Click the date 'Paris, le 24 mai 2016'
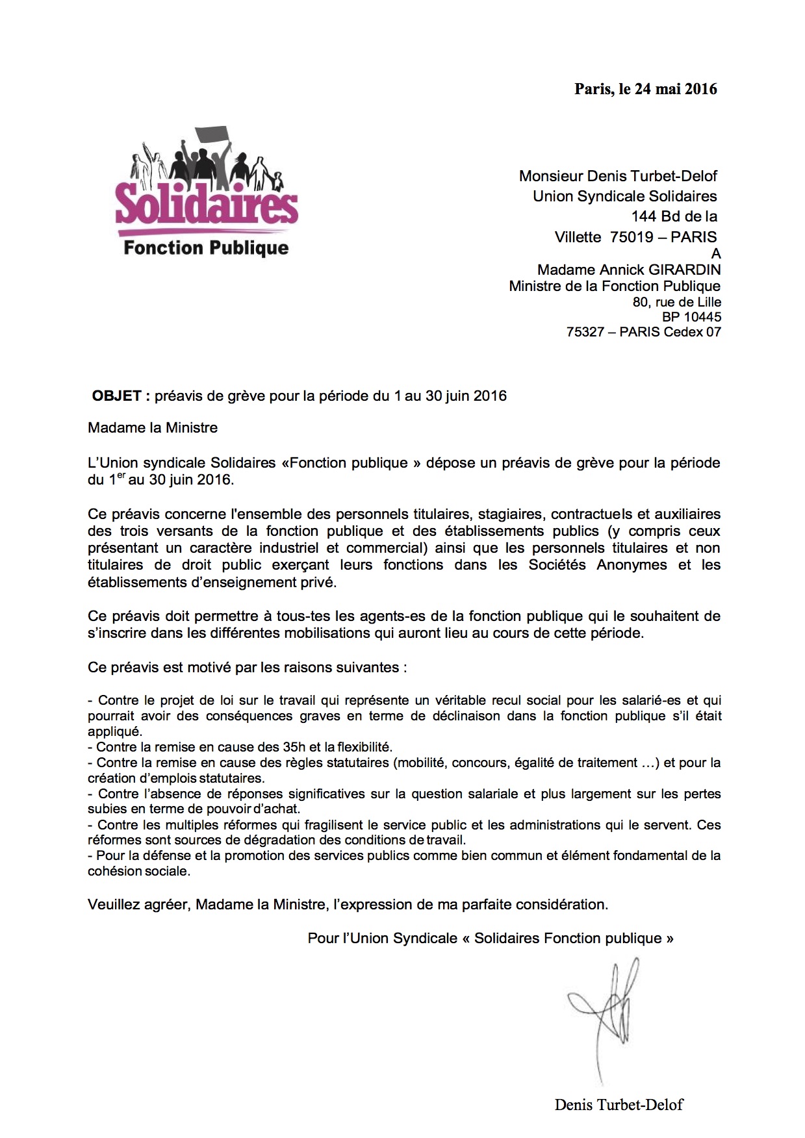645,89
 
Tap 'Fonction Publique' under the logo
206,248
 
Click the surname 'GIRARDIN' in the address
685,270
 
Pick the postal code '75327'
585,332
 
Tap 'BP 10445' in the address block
691,317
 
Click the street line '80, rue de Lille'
676,302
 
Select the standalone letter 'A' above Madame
716,253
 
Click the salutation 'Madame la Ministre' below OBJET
153,428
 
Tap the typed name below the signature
619,1104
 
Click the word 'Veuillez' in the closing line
113,904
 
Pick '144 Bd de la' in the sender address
674,216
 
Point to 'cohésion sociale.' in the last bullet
139,872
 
